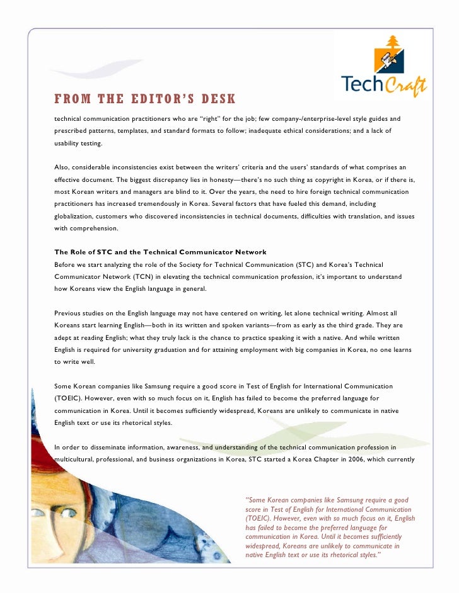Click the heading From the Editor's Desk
145,99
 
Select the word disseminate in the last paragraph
105,447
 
